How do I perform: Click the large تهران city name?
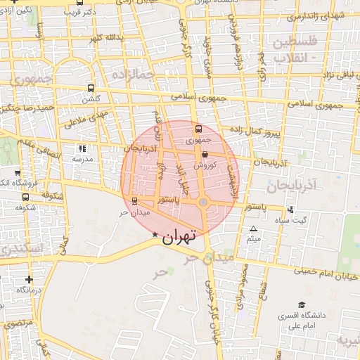(x=178, y=238)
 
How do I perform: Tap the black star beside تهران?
(x=155, y=233)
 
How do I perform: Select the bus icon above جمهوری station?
(x=198, y=129)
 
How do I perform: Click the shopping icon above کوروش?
(x=205, y=154)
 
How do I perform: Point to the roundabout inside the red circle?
(x=203, y=203)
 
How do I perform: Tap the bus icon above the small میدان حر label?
(x=134, y=200)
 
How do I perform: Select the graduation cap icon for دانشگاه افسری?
(x=302, y=305)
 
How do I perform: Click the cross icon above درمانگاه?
(x=29, y=279)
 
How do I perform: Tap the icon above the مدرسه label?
(x=83, y=149)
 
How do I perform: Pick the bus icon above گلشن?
(x=90, y=89)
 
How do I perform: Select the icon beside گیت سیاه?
(x=291, y=210)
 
